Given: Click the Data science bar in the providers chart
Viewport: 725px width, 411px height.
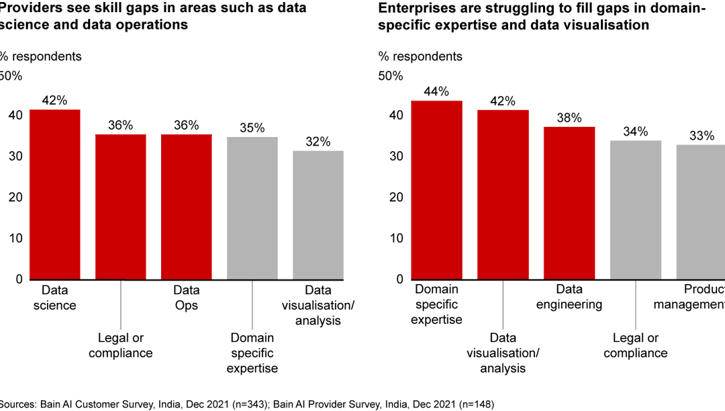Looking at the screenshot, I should click(54, 194).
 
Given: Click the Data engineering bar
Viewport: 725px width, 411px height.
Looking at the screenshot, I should click(569, 202).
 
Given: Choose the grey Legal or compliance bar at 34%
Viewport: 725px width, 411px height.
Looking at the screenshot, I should click(635, 210).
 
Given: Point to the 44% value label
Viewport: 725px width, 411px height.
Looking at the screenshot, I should click(436, 91).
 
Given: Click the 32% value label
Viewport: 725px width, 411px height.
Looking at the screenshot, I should click(318, 142).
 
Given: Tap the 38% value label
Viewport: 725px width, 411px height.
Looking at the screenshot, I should click(569, 118).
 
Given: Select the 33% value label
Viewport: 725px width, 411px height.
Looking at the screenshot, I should click(702, 136).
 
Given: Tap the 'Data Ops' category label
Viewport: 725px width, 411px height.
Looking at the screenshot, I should click(187, 298).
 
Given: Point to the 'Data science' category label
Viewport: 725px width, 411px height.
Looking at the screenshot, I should click(58, 298).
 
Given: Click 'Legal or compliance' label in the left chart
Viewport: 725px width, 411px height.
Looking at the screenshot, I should click(121, 345).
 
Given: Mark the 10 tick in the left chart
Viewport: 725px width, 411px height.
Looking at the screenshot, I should click(15, 238).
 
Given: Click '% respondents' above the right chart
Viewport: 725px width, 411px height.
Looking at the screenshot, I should click(420, 56).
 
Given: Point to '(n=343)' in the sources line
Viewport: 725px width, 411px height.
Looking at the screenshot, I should click(230, 404).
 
